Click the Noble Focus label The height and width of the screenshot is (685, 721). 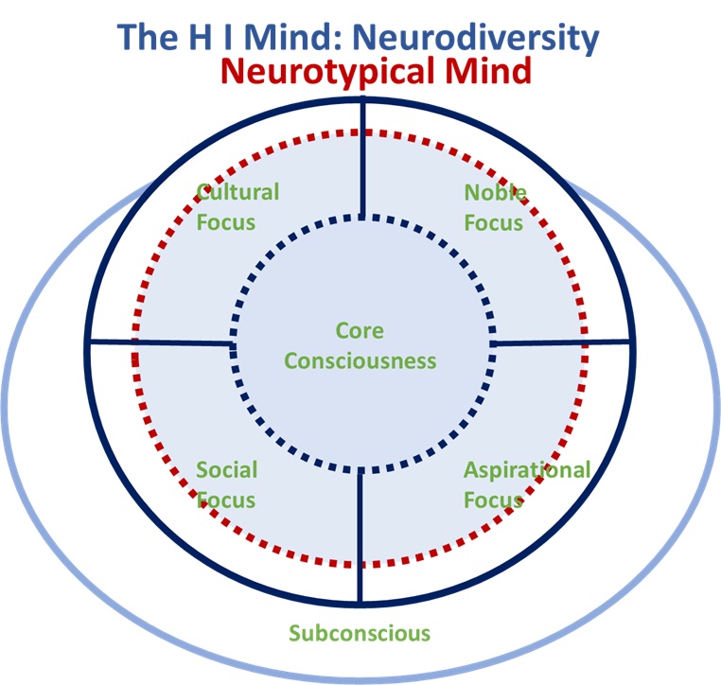[494, 207]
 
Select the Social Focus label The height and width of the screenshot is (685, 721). [226, 484]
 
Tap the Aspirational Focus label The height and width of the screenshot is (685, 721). [526, 484]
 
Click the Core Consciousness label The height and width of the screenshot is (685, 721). [360, 345]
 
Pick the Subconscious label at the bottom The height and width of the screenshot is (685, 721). [360, 633]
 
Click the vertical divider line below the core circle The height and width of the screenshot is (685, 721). [360, 535]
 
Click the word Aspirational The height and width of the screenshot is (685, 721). [526, 470]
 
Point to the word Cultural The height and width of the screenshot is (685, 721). [237, 192]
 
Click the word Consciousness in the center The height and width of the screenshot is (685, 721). [360, 360]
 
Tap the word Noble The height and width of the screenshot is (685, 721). [495, 192]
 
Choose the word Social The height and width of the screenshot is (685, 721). [226, 470]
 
